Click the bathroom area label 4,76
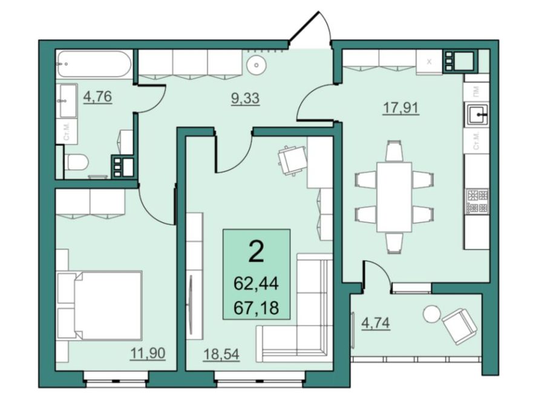98,97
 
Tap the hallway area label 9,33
246,98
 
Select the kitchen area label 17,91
401,108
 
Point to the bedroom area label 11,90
148,353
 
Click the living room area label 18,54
221,354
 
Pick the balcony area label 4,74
376,323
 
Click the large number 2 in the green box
257,251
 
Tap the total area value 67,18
257,308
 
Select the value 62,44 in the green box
257,284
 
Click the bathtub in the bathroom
94,64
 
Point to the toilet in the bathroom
77,162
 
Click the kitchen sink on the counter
476,114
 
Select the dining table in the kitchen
394,197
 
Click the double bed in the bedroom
99,305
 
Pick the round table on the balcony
432,314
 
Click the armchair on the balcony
459,326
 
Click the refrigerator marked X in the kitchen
430,62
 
